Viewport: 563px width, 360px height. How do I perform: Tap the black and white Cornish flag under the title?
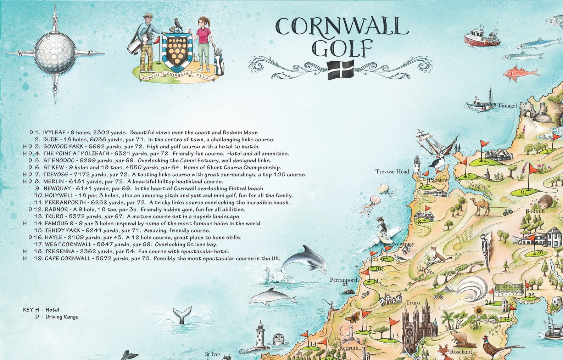(341, 69)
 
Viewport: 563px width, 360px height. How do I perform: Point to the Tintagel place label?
(507, 106)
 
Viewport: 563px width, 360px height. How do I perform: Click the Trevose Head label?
(392, 171)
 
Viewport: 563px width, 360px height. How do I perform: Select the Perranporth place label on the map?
(344, 280)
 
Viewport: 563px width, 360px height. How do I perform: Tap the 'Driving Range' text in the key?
(62, 317)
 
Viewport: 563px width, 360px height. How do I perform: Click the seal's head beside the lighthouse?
(279, 339)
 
